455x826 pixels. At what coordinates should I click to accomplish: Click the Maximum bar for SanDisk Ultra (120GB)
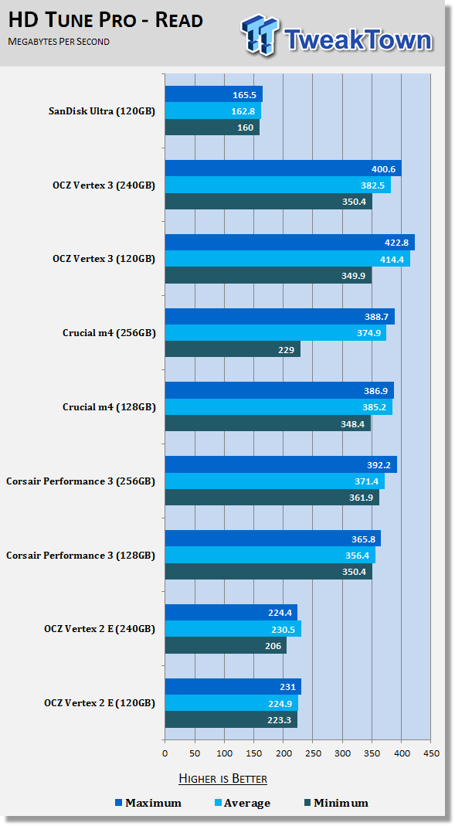[x=214, y=94]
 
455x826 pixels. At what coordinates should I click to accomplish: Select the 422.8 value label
[x=397, y=243]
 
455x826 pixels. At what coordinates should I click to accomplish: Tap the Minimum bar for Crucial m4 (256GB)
[x=233, y=349]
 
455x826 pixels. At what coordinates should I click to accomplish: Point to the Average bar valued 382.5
[x=278, y=185]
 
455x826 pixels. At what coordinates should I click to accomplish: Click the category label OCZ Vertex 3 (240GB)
[x=104, y=185]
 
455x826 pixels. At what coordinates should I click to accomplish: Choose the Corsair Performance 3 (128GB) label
[x=80, y=556]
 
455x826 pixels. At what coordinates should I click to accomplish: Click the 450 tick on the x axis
[x=431, y=753]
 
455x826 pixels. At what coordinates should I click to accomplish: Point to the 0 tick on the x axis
[x=165, y=753]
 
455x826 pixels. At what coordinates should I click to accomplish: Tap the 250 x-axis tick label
[x=313, y=753]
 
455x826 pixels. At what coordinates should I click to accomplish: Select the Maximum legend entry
[x=148, y=804]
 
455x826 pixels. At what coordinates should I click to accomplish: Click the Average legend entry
[x=243, y=804]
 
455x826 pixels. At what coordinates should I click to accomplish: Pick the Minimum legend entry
[x=336, y=804]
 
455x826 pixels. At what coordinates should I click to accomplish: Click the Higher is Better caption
[x=222, y=779]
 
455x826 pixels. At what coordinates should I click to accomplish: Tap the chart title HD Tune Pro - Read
[x=105, y=21]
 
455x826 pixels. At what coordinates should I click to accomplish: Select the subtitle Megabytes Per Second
[x=59, y=42]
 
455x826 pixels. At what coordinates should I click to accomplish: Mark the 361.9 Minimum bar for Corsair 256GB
[x=272, y=498]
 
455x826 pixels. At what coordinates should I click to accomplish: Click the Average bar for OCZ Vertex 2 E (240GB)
[x=233, y=629]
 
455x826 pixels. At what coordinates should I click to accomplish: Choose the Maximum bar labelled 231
[x=233, y=686]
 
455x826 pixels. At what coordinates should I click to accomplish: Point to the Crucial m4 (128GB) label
[x=109, y=407]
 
